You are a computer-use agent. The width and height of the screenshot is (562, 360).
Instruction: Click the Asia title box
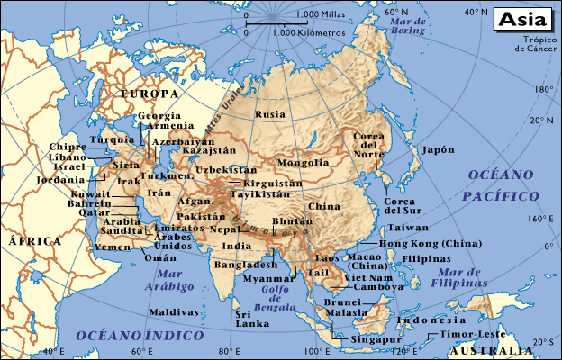[522, 19]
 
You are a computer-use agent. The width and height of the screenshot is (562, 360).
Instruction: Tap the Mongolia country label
[303, 163]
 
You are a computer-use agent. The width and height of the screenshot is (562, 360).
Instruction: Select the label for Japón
[439, 150]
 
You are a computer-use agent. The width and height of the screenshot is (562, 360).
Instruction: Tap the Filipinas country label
[426, 258]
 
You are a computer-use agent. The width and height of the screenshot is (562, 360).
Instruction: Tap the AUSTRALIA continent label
[490, 350]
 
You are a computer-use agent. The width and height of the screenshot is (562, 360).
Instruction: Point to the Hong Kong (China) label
[431, 244]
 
